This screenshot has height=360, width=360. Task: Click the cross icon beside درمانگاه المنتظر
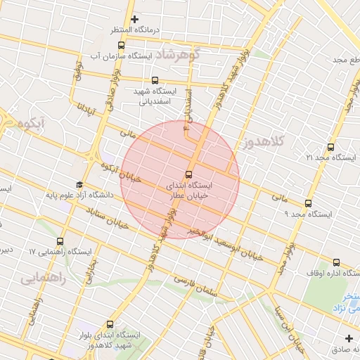pos(135,19)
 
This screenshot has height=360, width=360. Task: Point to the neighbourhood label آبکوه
pos(32,124)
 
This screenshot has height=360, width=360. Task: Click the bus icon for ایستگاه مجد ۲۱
pos(330,147)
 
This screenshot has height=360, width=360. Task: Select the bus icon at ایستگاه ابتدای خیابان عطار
pos(188,174)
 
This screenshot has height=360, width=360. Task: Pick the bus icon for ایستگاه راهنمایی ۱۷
pos(60,241)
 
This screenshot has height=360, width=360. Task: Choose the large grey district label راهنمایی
pos(43,278)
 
